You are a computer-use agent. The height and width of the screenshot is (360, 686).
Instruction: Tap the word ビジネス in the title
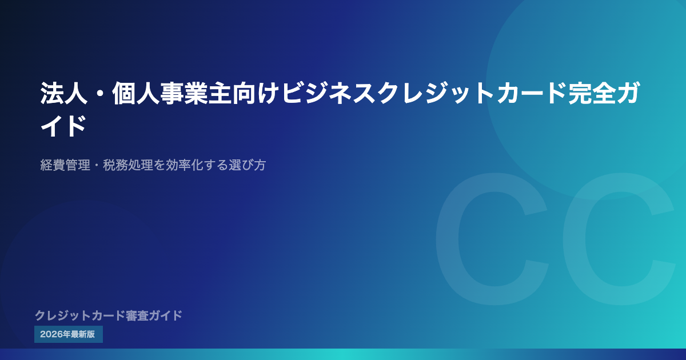pyautogui.click(x=328, y=93)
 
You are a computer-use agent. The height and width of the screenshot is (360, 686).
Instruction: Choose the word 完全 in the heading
pyautogui.click(x=592, y=93)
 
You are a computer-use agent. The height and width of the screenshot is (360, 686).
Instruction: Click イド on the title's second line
pyautogui.click(x=63, y=126)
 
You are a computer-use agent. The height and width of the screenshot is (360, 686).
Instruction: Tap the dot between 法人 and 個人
pyautogui.click(x=100, y=93)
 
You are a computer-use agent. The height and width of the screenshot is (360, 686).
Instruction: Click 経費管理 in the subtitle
pyautogui.click(x=65, y=165)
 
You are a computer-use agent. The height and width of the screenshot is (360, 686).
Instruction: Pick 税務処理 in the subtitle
pyautogui.click(x=128, y=165)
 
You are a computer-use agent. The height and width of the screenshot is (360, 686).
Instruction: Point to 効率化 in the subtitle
pyautogui.click(x=184, y=165)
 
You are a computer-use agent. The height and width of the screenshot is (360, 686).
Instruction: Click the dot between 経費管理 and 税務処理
pyautogui.click(x=97, y=165)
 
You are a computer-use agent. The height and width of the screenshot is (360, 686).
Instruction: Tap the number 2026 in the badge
pyautogui.click(x=51, y=334)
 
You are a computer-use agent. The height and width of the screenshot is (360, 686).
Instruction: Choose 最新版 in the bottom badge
pyautogui.click(x=83, y=334)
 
